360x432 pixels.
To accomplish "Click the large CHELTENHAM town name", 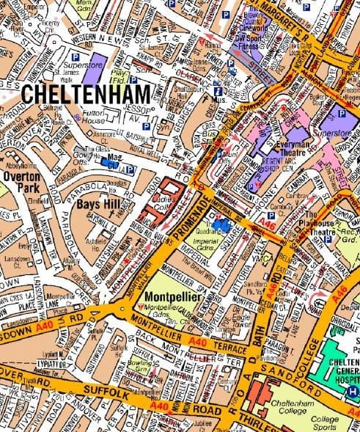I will pos(85,94).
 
